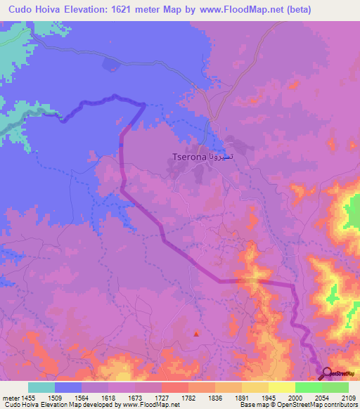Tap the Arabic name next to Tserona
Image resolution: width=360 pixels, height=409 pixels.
(219, 155)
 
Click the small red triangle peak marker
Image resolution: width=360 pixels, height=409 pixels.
(196, 334)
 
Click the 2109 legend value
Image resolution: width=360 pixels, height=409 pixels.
(349, 398)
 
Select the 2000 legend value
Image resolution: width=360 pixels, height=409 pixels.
(295, 398)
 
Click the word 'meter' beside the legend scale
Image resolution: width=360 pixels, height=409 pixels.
(10, 398)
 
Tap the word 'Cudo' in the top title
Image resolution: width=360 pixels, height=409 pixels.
(16, 10)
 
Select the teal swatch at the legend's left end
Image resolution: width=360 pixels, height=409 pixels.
(41, 387)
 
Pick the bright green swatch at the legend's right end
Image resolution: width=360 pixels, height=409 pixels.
(335, 387)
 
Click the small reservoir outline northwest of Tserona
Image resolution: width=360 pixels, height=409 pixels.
(111, 65)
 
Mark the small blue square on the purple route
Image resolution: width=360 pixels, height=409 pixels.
(121, 145)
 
